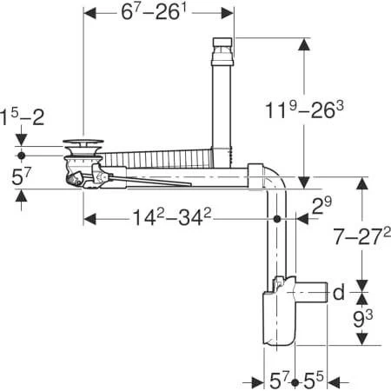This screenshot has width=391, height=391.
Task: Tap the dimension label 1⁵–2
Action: [23, 116]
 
